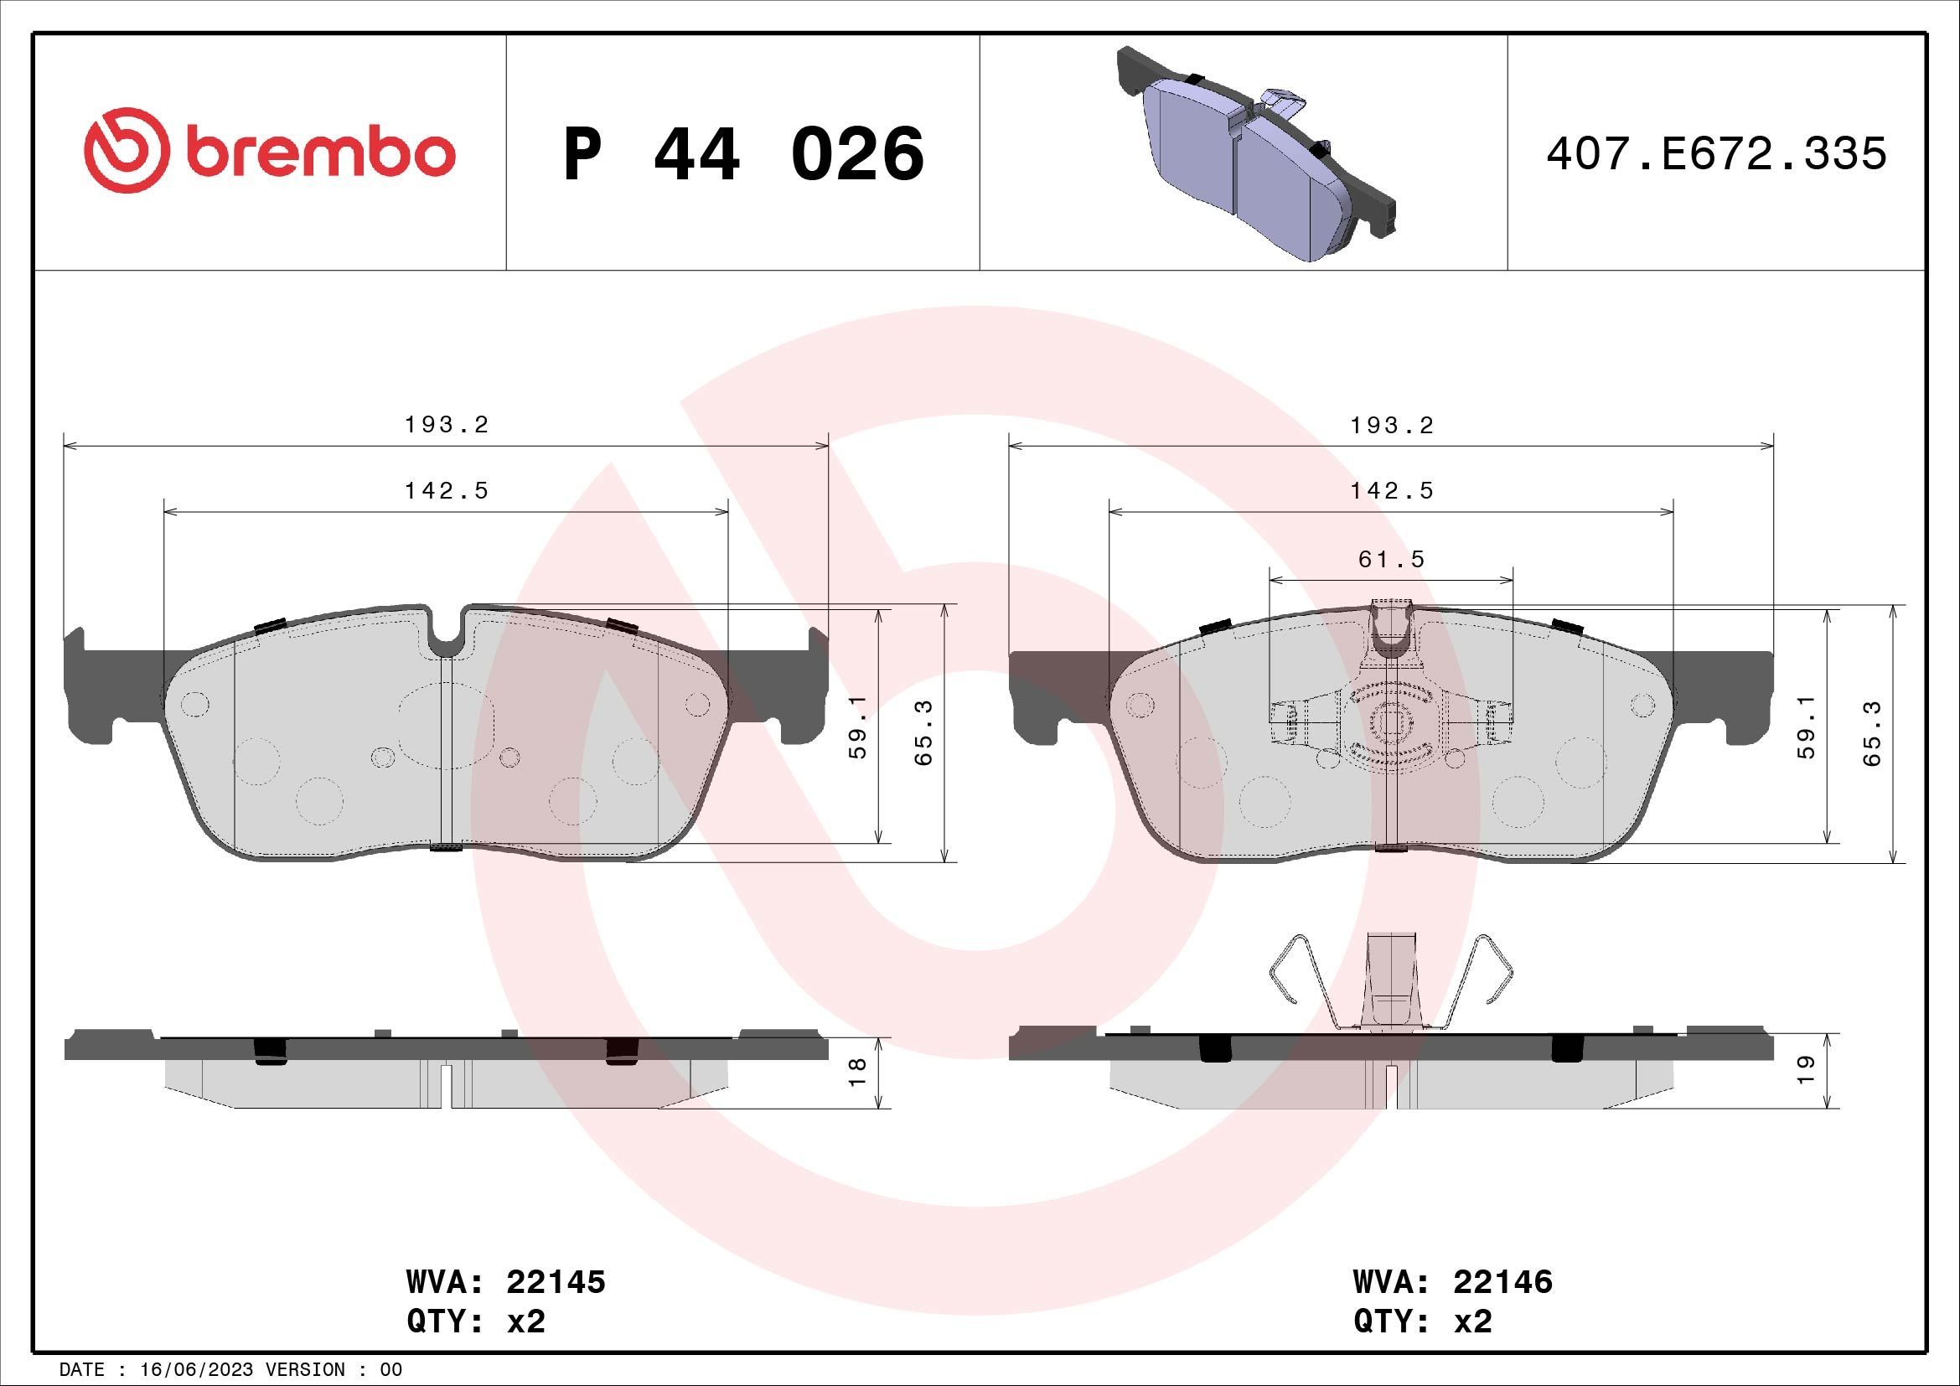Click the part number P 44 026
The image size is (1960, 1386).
coord(742,154)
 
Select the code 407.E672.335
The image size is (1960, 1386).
coord(1716,154)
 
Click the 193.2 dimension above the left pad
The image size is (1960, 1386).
coord(447,425)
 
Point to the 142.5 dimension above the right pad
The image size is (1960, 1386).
coord(1392,491)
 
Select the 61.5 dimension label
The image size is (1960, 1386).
coord(1392,559)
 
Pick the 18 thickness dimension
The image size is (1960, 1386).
coord(859,1071)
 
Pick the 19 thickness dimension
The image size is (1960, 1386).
coord(1805,1070)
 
